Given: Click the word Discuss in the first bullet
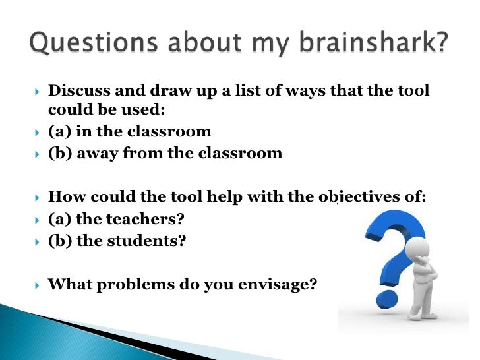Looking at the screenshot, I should (77, 90).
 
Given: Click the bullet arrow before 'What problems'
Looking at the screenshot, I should (37, 285).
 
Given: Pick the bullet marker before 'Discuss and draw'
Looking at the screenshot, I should (37, 91).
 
